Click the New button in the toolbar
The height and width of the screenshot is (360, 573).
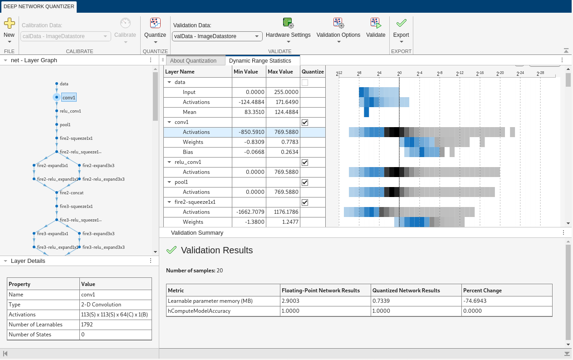9,28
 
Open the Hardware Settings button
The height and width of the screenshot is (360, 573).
288,28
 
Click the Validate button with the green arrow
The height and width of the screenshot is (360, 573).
376,28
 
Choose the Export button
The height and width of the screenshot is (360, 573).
401,28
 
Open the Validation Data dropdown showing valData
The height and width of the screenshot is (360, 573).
217,36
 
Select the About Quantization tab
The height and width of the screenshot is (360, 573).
193,61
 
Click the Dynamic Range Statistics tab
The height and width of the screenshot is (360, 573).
260,61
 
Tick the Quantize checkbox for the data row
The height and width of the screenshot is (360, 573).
305,83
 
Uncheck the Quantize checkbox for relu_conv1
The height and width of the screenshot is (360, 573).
305,162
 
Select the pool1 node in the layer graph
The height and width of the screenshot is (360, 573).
65,124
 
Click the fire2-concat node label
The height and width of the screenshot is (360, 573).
72,192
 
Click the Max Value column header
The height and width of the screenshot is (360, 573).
280,72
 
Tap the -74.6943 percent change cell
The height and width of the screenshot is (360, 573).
475,301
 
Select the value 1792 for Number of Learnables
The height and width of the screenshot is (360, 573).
87,325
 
